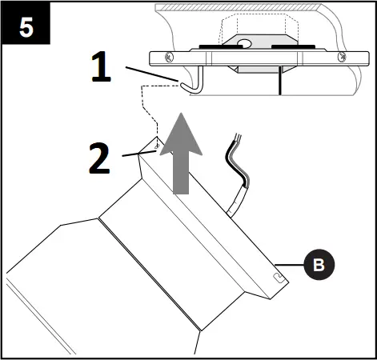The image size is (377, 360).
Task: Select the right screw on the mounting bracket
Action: (342, 58)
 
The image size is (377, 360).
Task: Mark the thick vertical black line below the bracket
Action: (279, 82)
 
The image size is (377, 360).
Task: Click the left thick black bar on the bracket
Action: (213, 46)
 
